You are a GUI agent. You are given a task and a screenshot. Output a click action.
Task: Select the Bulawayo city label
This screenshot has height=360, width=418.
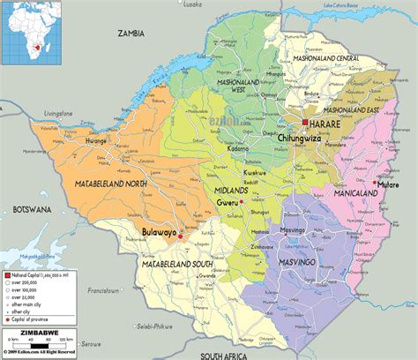click(159, 233)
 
